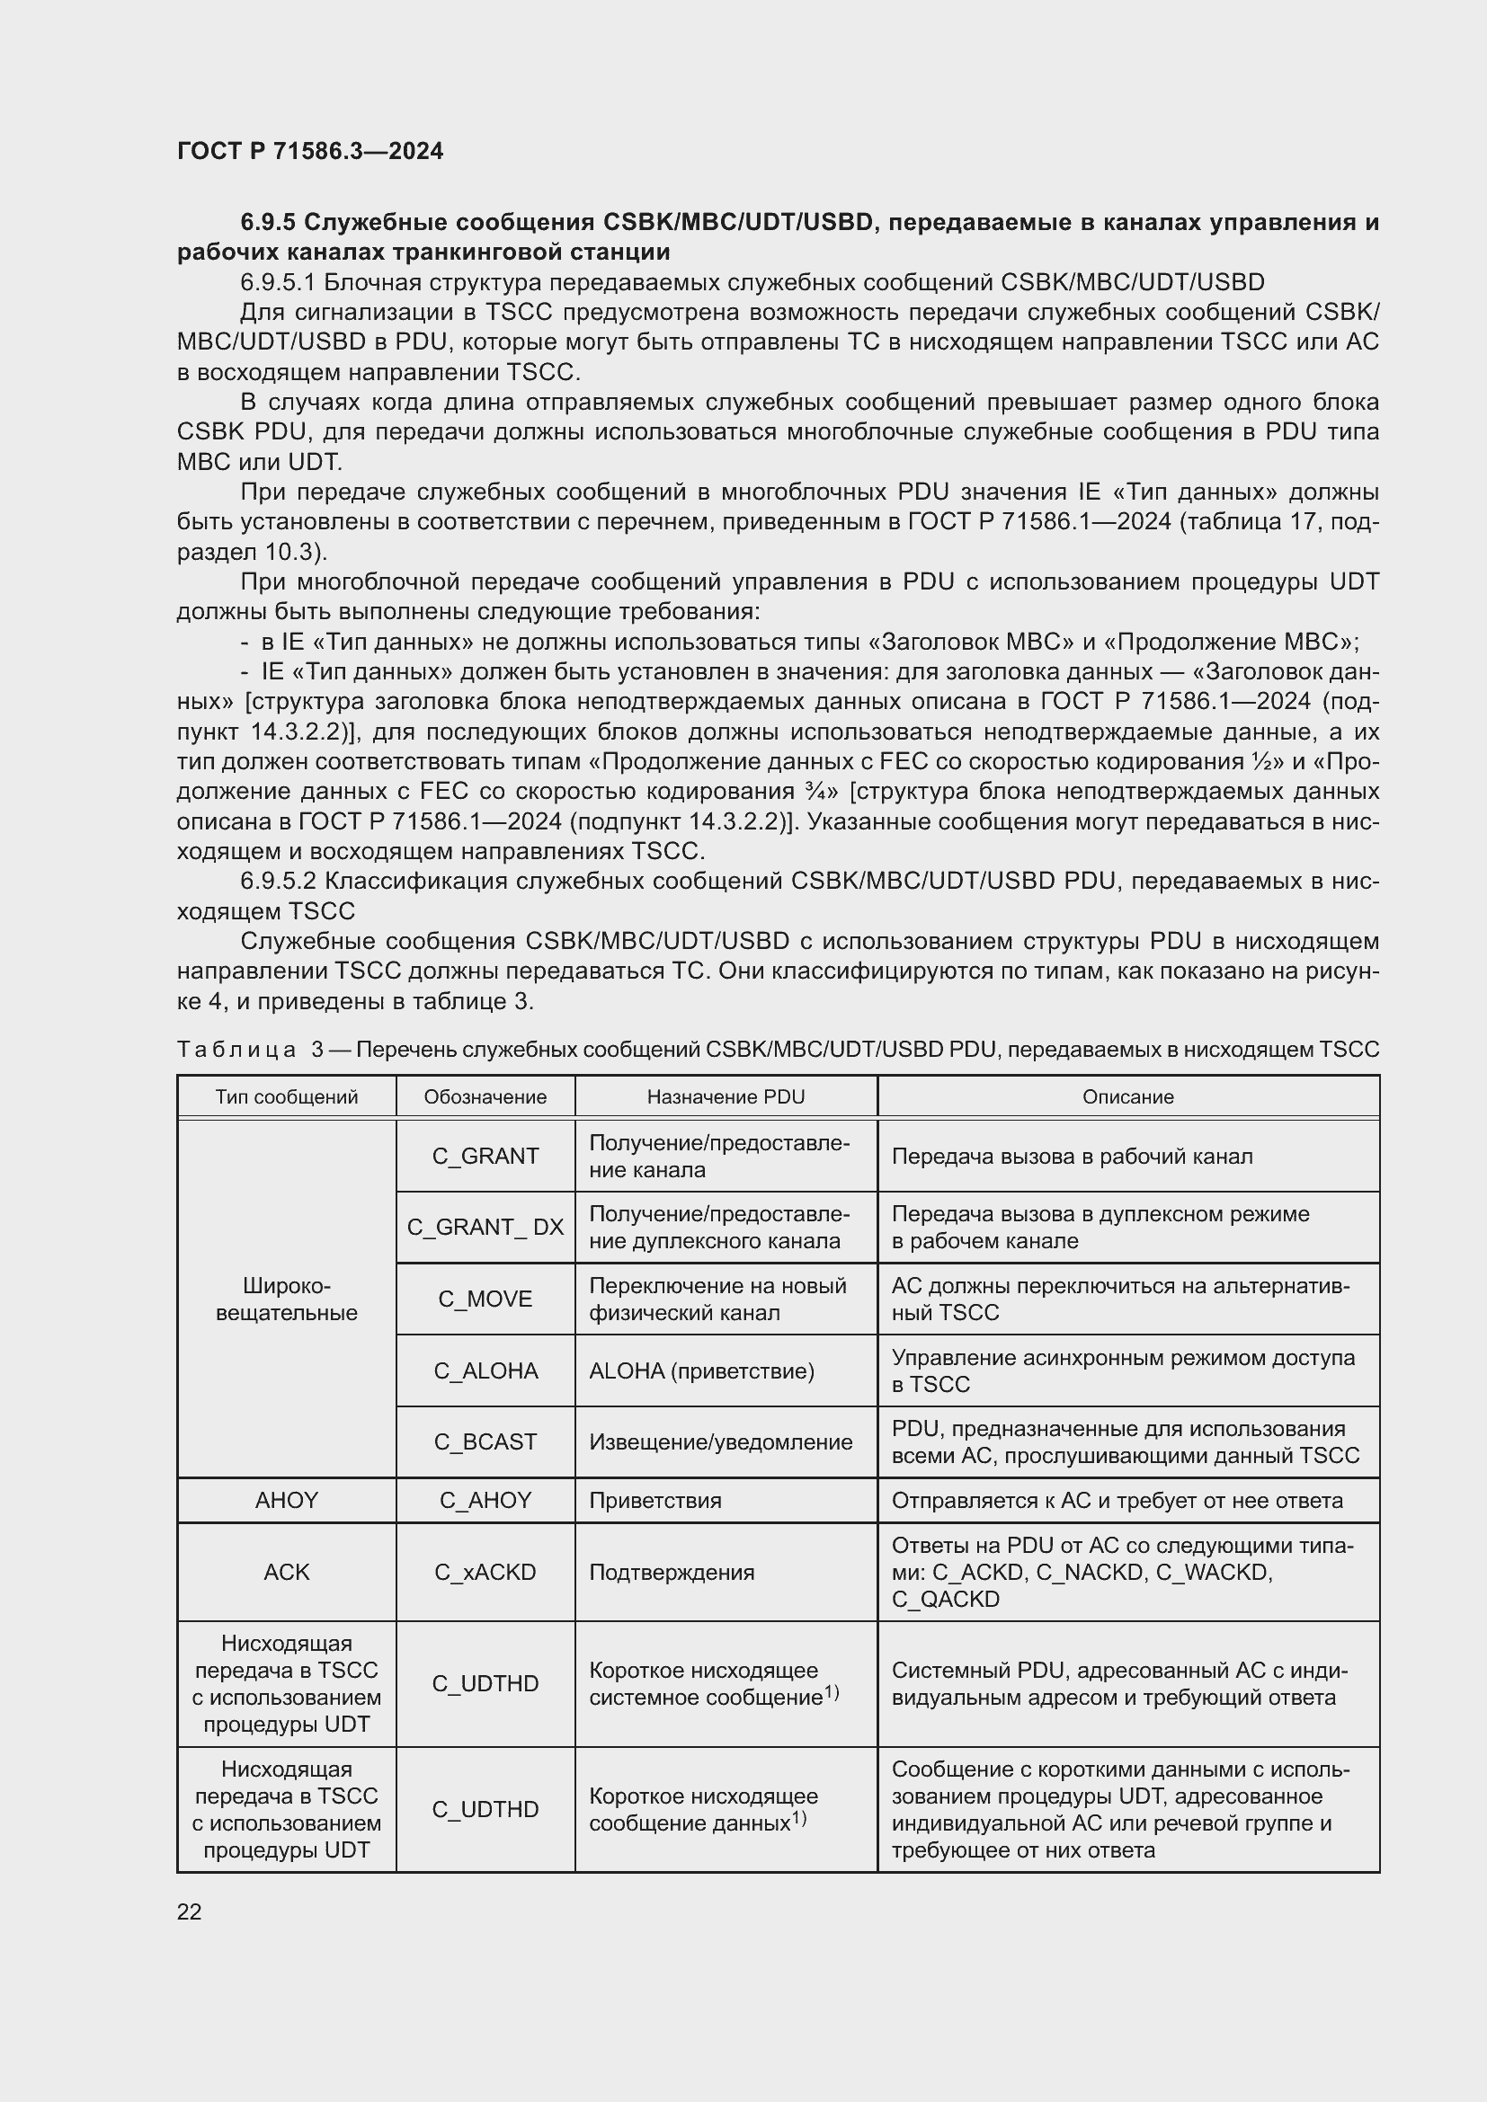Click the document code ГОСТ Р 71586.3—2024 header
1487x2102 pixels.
[x=309, y=151]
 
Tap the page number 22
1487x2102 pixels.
[x=189, y=1911]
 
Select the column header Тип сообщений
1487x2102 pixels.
[x=286, y=1096]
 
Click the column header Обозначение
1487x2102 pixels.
[x=485, y=1096]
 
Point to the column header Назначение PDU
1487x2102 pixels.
[x=726, y=1096]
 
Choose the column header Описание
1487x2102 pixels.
[x=1127, y=1096]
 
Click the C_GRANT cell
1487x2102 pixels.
[x=485, y=1156]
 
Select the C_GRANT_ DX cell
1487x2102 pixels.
[x=485, y=1227]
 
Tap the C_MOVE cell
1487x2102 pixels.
[x=485, y=1299]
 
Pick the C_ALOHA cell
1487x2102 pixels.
[x=485, y=1370]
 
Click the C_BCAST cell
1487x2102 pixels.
[x=485, y=1441]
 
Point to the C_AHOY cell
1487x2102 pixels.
[x=485, y=1501]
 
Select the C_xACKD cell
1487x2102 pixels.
[x=485, y=1572]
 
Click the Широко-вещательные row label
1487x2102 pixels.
[x=286, y=1299]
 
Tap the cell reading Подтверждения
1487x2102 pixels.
[x=672, y=1572]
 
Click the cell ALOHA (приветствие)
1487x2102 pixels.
[x=701, y=1370]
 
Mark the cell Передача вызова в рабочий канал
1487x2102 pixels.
[x=1072, y=1157]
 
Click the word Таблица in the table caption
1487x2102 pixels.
[x=236, y=1049]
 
